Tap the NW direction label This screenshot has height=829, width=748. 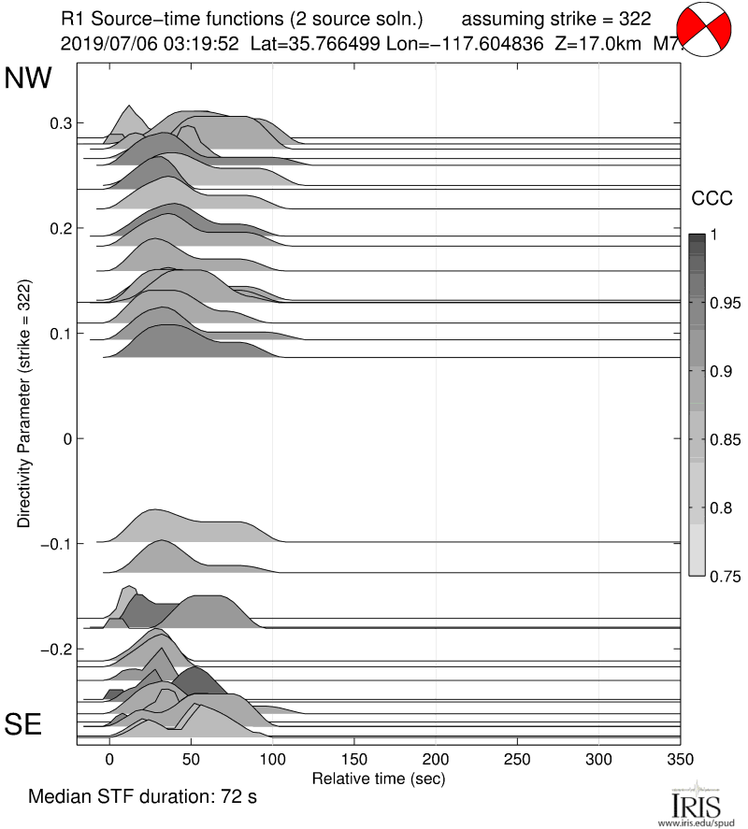(28, 79)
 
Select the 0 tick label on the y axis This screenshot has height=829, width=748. (65, 438)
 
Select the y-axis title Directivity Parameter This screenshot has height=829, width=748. (24, 403)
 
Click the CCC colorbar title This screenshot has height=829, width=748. (711, 198)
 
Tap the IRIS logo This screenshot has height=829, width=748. (696, 804)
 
